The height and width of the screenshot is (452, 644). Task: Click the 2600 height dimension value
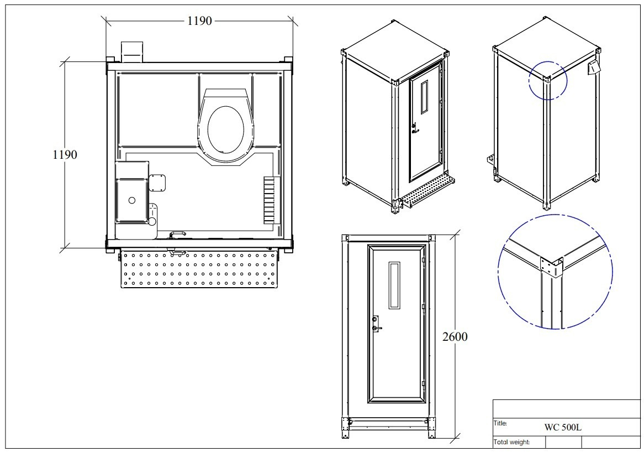pyautogui.click(x=455, y=336)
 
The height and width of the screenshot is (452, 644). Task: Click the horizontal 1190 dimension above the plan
pyautogui.click(x=199, y=21)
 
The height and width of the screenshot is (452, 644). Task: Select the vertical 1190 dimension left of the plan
pyautogui.click(x=65, y=154)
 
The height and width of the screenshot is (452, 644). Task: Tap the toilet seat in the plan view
pyautogui.click(x=225, y=128)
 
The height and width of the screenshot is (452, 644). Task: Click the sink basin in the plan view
pyautogui.click(x=133, y=199)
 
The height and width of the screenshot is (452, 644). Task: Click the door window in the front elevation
pyautogui.click(x=394, y=285)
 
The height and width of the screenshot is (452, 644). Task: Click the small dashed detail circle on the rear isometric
pyautogui.click(x=547, y=80)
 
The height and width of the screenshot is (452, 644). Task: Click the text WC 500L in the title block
pyautogui.click(x=563, y=427)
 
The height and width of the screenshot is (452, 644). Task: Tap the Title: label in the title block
pyautogui.click(x=500, y=423)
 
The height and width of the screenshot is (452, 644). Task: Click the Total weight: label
pyautogui.click(x=511, y=442)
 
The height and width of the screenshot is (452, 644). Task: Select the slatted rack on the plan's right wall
pyautogui.click(x=269, y=199)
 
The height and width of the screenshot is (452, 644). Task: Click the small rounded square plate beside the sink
pyautogui.click(x=159, y=181)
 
